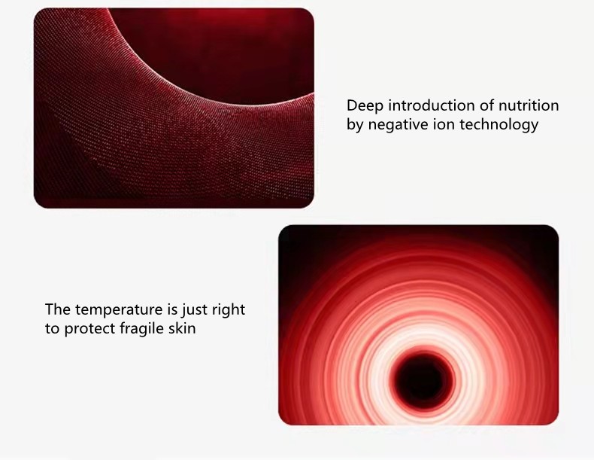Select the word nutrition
pos(529,105)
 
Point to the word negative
pos(399,125)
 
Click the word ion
pos(444,124)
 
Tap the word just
pos(195,310)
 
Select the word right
pos(229,310)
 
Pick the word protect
pos(89,329)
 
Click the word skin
pos(182,328)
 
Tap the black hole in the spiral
pos(424,380)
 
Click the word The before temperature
pos(58,309)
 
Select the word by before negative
pos(355,125)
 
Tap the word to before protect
pos(53,329)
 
